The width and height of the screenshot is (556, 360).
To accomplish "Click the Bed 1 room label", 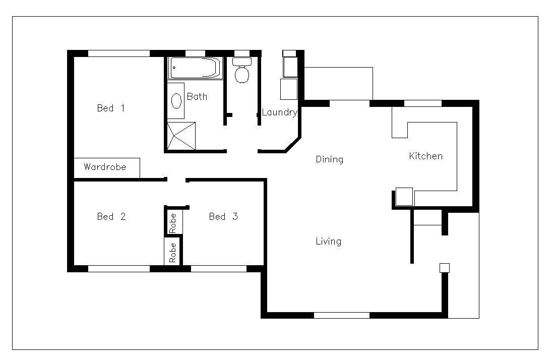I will pyautogui.click(x=110, y=108).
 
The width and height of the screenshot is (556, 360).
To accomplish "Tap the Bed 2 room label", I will pyautogui.click(x=111, y=217).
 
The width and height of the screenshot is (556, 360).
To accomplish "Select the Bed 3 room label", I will pyautogui.click(x=223, y=217).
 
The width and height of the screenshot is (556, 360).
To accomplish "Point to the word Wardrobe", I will pyautogui.click(x=104, y=167).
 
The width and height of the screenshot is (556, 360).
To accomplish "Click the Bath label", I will pyautogui.click(x=197, y=97).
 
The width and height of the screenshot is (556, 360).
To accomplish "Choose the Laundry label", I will pyautogui.click(x=279, y=112).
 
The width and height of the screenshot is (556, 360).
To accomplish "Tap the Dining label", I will pyautogui.click(x=329, y=160).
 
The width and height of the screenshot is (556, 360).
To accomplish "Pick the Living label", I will pyautogui.click(x=328, y=242).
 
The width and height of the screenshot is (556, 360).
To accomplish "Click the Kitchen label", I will pyautogui.click(x=425, y=156).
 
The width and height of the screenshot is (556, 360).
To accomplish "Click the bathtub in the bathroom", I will pyautogui.click(x=195, y=68).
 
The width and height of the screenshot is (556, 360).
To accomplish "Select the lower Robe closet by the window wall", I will pyautogui.click(x=172, y=252).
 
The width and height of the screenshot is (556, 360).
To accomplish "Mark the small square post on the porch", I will pyautogui.click(x=444, y=268).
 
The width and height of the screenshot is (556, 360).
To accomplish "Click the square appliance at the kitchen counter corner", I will pyautogui.click(x=404, y=196).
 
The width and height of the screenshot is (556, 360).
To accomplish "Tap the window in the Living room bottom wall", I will pyautogui.click(x=342, y=316).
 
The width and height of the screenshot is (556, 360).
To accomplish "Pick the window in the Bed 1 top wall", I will pyautogui.click(x=119, y=53).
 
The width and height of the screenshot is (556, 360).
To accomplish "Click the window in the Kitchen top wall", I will pyautogui.click(x=423, y=103).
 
